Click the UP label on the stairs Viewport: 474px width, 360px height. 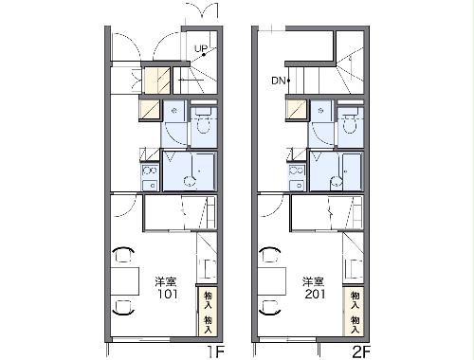pos(202,48)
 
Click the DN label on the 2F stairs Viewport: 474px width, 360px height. pos(279,80)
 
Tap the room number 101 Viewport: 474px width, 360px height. pos(167,293)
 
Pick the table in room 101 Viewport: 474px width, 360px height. pos(123,281)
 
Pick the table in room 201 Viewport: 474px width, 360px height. pos(270,281)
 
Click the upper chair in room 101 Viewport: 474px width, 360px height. pos(123,254)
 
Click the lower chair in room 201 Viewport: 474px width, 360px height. pos(269,309)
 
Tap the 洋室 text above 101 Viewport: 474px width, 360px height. pos(167,280)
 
